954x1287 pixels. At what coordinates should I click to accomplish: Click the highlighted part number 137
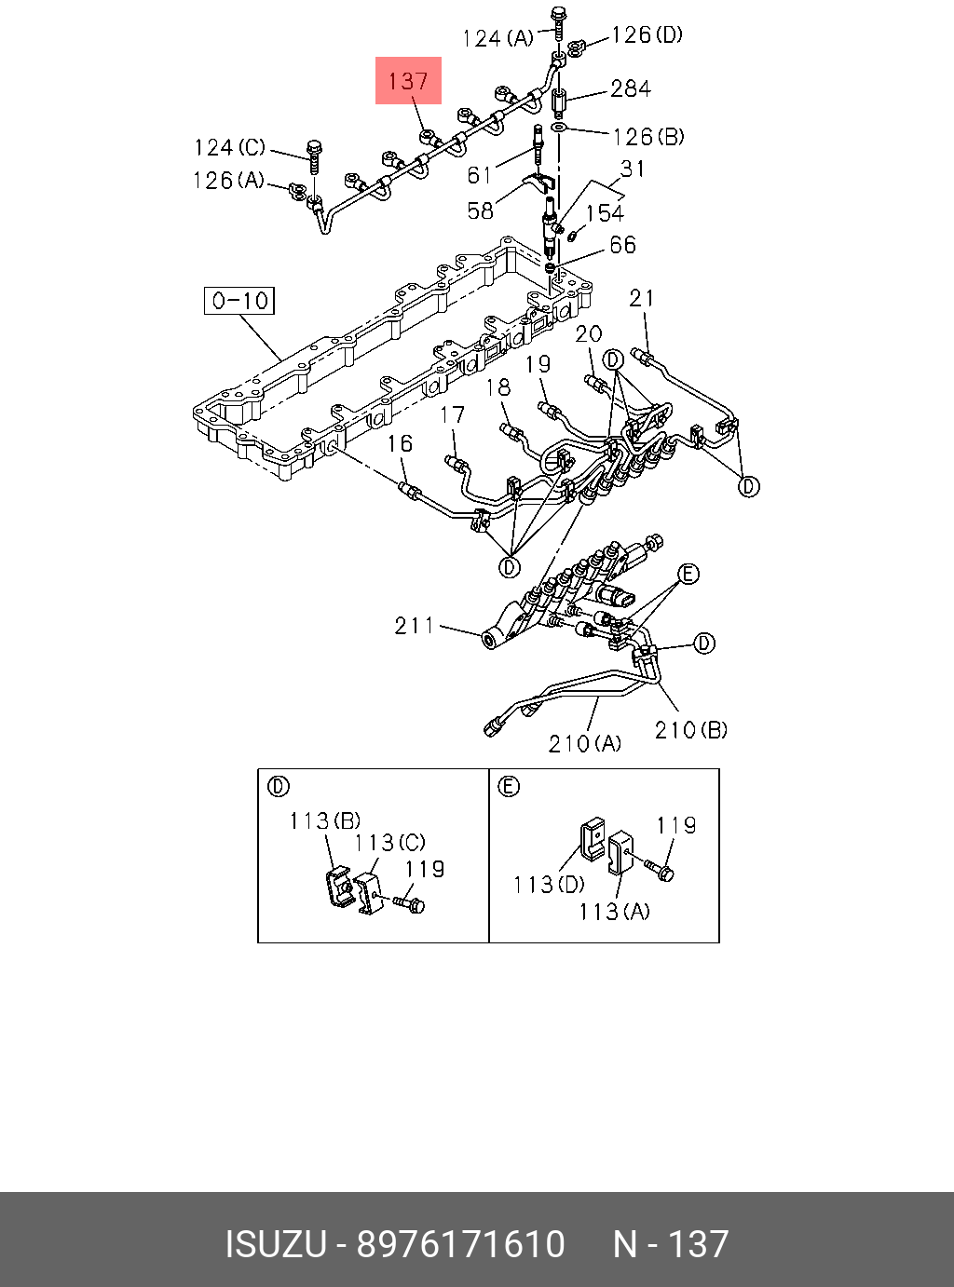click(x=408, y=81)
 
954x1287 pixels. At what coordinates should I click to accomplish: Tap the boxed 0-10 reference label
click(x=239, y=301)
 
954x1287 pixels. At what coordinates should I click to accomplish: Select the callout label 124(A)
click(x=497, y=38)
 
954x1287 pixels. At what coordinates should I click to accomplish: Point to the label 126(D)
click(x=647, y=35)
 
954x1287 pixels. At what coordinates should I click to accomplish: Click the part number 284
click(x=631, y=88)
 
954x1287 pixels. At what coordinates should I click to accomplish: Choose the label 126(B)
click(x=647, y=137)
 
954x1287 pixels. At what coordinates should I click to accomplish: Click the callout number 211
click(x=415, y=626)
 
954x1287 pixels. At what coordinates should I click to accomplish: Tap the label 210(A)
click(x=584, y=743)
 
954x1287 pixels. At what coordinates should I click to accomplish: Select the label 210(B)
click(x=690, y=730)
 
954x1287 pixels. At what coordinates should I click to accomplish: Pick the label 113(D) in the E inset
click(x=549, y=884)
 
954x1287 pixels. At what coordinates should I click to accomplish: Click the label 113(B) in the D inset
click(x=324, y=820)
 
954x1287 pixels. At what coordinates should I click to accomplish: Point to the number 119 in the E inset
click(x=676, y=825)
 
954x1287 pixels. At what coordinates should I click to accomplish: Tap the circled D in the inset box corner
click(x=278, y=787)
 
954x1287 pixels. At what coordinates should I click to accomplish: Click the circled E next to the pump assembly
click(x=688, y=574)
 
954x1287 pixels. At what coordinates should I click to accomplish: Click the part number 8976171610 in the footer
click(x=461, y=1244)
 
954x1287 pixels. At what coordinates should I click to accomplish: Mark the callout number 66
click(x=622, y=245)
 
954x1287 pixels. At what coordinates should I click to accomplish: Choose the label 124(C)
click(x=229, y=148)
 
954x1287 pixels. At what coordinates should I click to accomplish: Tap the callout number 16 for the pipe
click(x=400, y=443)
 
